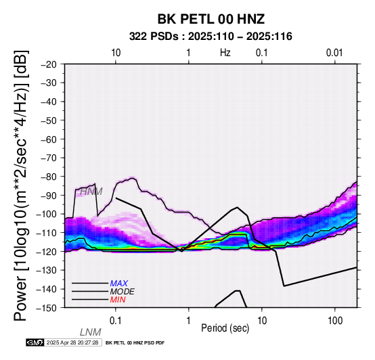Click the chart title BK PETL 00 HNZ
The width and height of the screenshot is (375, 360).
coord(211,19)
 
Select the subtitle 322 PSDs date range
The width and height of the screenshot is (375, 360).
coord(211,37)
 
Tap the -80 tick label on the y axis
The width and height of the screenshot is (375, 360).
coord(49,177)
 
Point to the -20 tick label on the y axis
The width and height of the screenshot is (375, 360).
coord(49,64)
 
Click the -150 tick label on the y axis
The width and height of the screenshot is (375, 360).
coord(47,308)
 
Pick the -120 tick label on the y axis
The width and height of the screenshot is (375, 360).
coord(47,252)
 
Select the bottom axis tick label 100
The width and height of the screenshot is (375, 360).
coord(335,321)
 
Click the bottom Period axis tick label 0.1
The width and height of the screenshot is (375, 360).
coord(116,321)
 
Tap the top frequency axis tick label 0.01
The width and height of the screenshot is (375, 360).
coord(334,53)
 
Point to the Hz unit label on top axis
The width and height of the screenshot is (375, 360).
coord(225,53)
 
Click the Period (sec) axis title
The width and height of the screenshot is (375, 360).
coord(225,328)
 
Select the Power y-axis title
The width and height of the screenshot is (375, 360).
coord(21,185)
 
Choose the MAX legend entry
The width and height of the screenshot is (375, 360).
coord(119,284)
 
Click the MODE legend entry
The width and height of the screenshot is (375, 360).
coord(123,292)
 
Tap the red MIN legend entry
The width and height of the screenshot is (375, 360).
coord(118,300)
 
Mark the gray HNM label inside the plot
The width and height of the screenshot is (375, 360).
coord(91,192)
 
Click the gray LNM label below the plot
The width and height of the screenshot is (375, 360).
coord(91,332)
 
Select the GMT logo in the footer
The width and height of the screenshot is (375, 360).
coord(35,342)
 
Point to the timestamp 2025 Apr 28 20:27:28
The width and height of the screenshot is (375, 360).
coord(72,342)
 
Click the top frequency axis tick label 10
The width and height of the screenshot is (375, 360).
coord(116,53)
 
